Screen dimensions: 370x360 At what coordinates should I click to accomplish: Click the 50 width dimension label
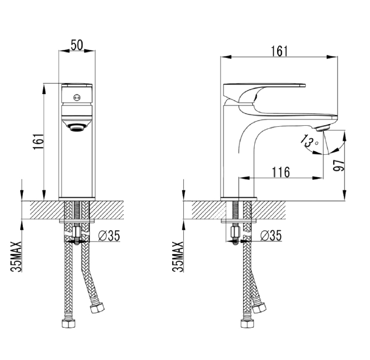pyautogui.click(x=77, y=45)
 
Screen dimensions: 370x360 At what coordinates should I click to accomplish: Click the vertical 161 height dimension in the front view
pyautogui.click(x=38, y=141)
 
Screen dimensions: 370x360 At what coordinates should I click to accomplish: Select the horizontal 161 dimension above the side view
pyautogui.click(x=279, y=51)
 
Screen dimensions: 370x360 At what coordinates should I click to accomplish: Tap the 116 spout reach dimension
pyautogui.click(x=281, y=172)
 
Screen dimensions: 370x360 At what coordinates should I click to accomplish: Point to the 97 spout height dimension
pyautogui.click(x=339, y=165)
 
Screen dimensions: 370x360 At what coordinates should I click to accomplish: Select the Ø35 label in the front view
pyautogui.click(x=109, y=235)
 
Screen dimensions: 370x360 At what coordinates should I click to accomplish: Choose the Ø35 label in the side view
pyautogui.click(x=271, y=235)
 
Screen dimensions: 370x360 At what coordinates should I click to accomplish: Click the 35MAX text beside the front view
pyautogui.click(x=16, y=257)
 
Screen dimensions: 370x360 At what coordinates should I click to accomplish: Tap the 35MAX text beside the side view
pyautogui.click(x=178, y=257)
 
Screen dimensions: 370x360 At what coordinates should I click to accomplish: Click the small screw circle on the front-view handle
pyautogui.click(x=76, y=97)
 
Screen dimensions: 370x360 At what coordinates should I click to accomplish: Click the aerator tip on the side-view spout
pyautogui.click(x=322, y=128)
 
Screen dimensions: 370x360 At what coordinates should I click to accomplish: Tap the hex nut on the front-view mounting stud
pyautogui.click(x=77, y=232)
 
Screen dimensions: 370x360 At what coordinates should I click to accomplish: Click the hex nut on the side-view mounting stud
pyautogui.click(x=234, y=232)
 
